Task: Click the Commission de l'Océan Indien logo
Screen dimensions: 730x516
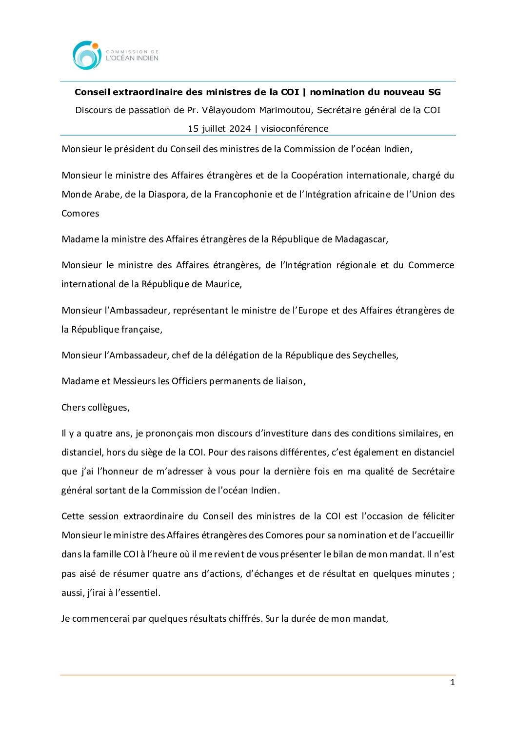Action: tap(116, 55)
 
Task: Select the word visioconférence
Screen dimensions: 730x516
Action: tap(295, 129)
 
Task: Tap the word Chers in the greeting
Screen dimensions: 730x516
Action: tap(74, 408)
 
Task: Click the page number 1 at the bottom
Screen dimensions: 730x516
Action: tap(452, 683)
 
